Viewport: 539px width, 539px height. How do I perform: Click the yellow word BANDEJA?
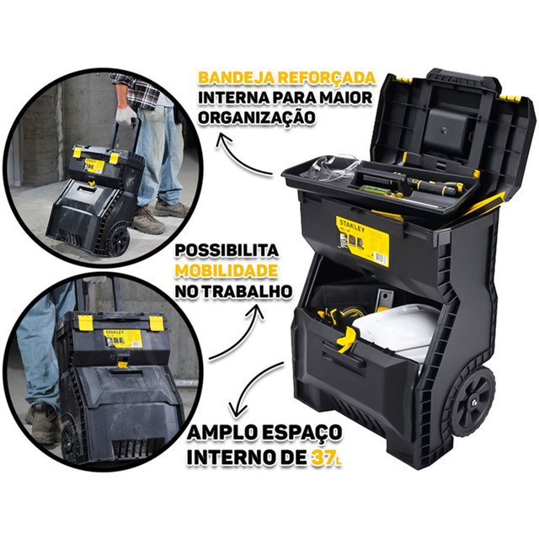click(x=237, y=77)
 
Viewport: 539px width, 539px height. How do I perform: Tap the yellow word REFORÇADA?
click(x=327, y=78)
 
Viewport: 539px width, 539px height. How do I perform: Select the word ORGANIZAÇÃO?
click(x=256, y=117)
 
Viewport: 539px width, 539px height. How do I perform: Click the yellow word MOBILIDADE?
click(x=227, y=271)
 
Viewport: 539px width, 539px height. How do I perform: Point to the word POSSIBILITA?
click(x=227, y=251)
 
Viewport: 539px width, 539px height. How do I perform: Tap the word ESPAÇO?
click(x=302, y=433)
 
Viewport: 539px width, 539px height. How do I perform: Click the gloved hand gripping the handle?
click(x=125, y=116)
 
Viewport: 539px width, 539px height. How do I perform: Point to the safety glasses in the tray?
click(x=333, y=170)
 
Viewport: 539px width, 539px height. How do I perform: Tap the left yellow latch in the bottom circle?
click(x=84, y=323)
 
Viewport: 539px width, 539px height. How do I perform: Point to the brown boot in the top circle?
click(x=148, y=220)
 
